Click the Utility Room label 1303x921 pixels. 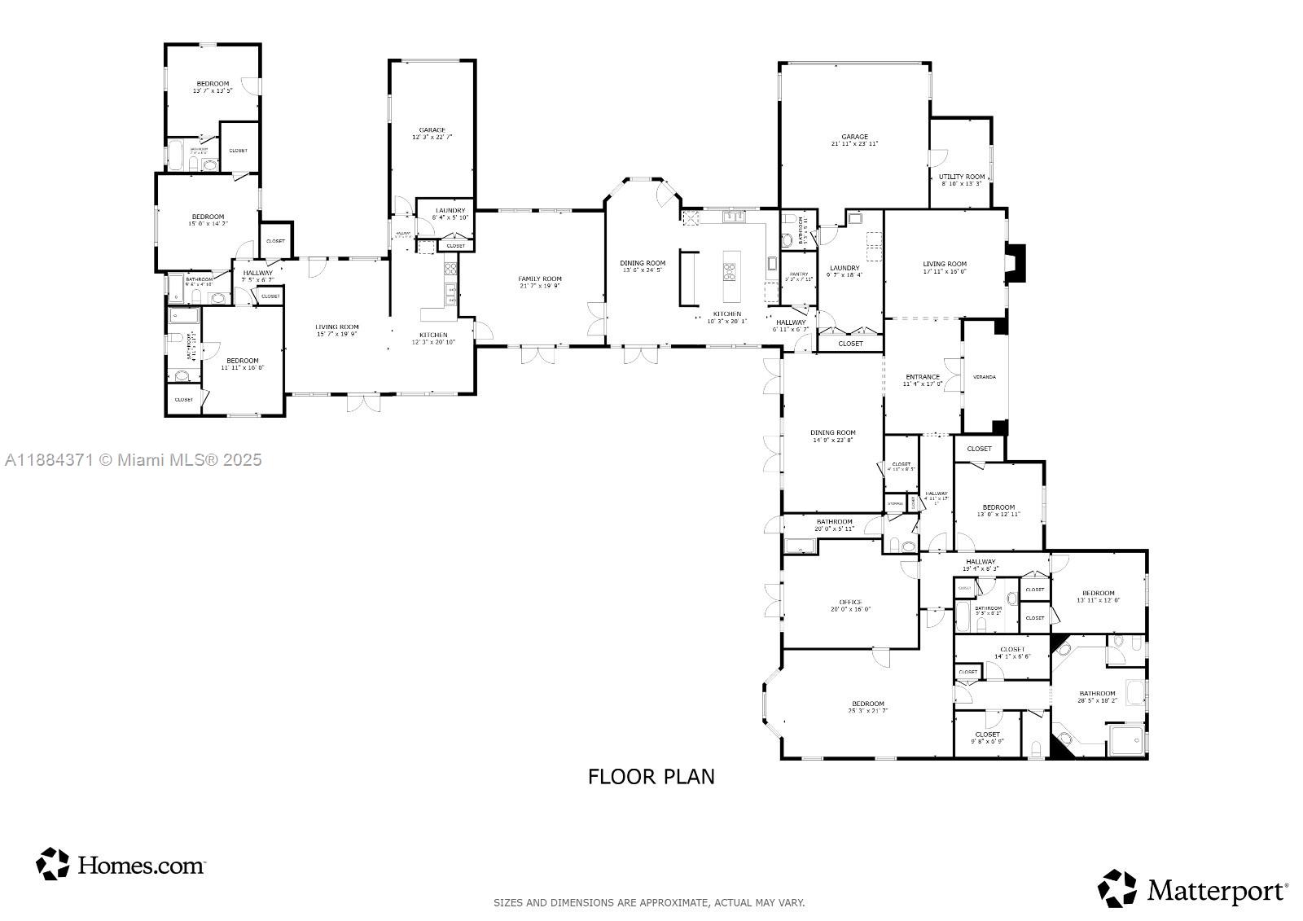(962, 177)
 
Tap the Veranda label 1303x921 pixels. (985, 377)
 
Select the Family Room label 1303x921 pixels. (540, 279)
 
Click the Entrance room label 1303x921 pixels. (923, 377)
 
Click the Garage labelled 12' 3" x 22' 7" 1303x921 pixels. (432, 130)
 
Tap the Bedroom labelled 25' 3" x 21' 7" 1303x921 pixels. (867, 704)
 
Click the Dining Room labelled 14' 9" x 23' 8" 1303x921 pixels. (832, 433)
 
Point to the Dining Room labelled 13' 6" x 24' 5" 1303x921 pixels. (643, 263)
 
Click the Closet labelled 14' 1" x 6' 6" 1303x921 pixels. (1012, 650)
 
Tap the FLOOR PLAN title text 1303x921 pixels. (651, 776)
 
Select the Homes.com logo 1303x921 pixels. (121, 864)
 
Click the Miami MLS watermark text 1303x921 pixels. (134, 460)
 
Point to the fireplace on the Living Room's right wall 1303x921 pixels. (1017, 263)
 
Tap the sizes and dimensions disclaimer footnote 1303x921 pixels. (649, 902)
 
